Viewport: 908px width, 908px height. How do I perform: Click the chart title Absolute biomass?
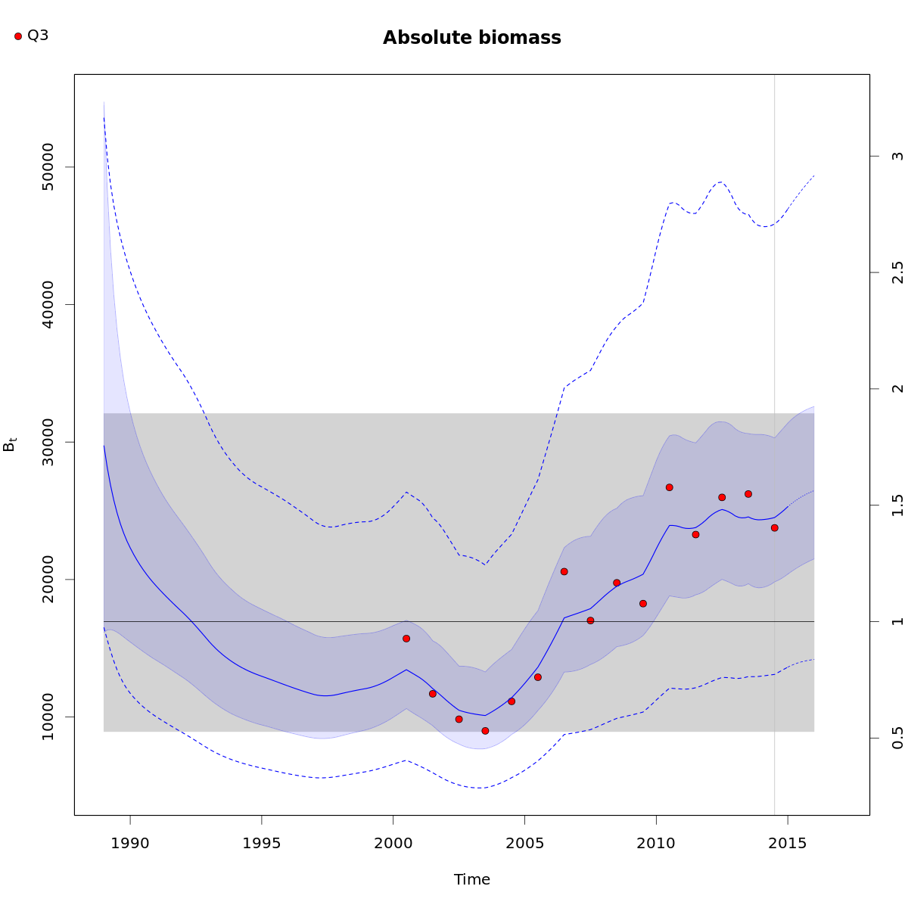click(471, 38)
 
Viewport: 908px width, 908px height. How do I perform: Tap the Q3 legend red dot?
click(18, 36)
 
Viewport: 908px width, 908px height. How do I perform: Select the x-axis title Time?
click(471, 879)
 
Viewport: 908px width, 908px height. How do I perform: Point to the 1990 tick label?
click(130, 841)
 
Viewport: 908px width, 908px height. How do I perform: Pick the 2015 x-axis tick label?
click(788, 841)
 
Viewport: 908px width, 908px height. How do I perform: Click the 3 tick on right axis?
click(897, 156)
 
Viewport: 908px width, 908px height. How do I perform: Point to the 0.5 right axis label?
click(897, 738)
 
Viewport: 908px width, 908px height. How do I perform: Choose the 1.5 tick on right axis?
click(897, 505)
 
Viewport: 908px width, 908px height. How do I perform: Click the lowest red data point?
click(485, 730)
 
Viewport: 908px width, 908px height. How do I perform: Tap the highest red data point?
click(669, 487)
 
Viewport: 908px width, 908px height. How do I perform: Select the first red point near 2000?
click(406, 639)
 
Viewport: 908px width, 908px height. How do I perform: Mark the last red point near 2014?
click(774, 527)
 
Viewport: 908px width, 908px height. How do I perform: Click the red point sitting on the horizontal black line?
click(590, 620)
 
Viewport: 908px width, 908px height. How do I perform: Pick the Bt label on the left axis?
click(10, 445)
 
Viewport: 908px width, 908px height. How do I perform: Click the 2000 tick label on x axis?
click(393, 841)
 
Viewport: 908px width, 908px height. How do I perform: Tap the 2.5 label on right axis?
click(897, 272)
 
